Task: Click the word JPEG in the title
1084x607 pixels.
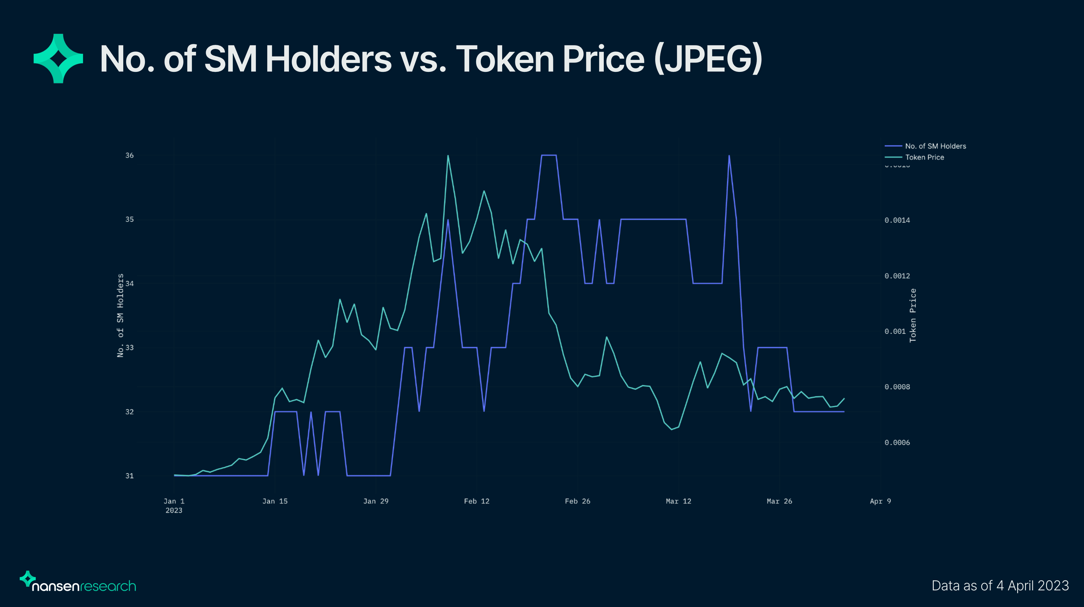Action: [708, 59]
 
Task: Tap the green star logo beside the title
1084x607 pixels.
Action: [58, 58]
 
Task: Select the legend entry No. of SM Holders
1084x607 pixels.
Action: [935, 146]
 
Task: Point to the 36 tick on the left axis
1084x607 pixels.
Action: [129, 155]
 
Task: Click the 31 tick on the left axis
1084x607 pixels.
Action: [129, 476]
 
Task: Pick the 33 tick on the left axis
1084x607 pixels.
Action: [129, 348]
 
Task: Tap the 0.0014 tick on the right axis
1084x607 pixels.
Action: [897, 220]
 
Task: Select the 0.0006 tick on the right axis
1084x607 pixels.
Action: [897, 443]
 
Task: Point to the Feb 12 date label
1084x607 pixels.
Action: [476, 501]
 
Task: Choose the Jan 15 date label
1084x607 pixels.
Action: [275, 501]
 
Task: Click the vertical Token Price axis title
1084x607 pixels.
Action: [913, 315]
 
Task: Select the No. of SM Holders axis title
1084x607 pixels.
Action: [120, 315]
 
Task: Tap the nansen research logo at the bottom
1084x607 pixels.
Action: [78, 583]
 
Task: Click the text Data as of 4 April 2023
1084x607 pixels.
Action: [1000, 586]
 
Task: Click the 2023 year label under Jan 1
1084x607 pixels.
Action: [174, 511]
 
